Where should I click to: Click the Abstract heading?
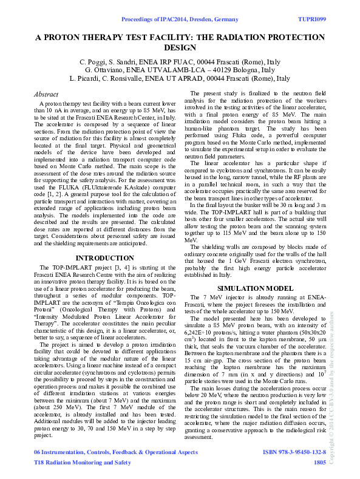point(47,95)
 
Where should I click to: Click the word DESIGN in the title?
point(180,47)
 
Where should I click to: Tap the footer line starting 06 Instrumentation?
point(115,453)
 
